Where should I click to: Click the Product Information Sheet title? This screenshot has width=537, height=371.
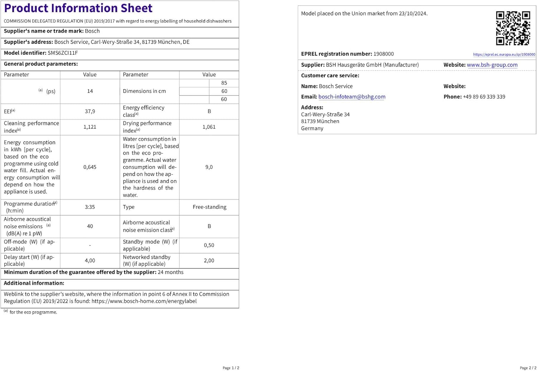click(78, 8)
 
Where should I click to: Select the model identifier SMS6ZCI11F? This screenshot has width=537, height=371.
click(63, 53)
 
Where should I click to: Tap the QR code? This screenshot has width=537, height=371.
click(513, 28)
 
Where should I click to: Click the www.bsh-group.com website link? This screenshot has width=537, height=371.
click(492, 65)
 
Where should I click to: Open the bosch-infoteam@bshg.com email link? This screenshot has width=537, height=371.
click(352, 97)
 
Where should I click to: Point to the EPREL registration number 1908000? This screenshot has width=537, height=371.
click(383, 54)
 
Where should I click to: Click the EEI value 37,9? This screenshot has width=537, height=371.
click(90, 111)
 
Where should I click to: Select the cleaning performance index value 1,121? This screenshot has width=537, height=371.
click(90, 127)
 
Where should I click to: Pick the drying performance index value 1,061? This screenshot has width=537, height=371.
click(209, 127)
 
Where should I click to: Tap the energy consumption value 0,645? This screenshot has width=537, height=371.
click(90, 167)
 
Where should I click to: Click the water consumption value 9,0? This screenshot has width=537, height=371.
click(209, 167)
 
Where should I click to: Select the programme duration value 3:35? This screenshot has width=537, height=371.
click(90, 207)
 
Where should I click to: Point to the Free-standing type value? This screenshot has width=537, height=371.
click(209, 207)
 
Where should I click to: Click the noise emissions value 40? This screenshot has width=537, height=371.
click(90, 226)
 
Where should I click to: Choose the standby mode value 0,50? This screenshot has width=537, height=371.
click(209, 245)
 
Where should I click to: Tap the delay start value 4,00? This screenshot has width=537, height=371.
click(90, 260)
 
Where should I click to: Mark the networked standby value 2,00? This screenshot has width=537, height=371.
click(209, 260)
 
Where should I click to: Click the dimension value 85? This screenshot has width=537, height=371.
click(224, 83)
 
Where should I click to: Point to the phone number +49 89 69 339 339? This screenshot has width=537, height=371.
click(484, 97)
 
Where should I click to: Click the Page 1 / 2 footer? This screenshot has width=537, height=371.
click(231, 368)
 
